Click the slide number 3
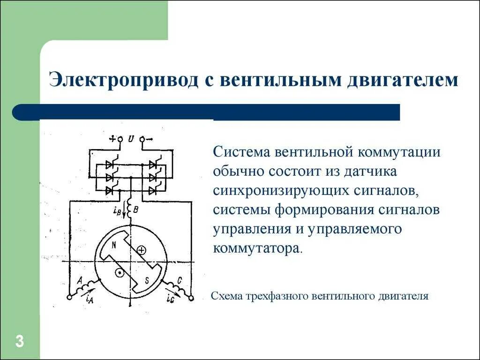coord(19,341)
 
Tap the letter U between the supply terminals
coord(131,139)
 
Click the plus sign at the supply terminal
coord(112,139)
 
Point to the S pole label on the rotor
coord(147,280)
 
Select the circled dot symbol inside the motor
coord(120,272)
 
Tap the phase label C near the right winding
coord(180,281)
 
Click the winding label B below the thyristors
coord(135,210)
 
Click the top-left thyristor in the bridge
coord(111,165)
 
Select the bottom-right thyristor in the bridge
coord(153,190)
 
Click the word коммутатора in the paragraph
coord(257,247)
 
